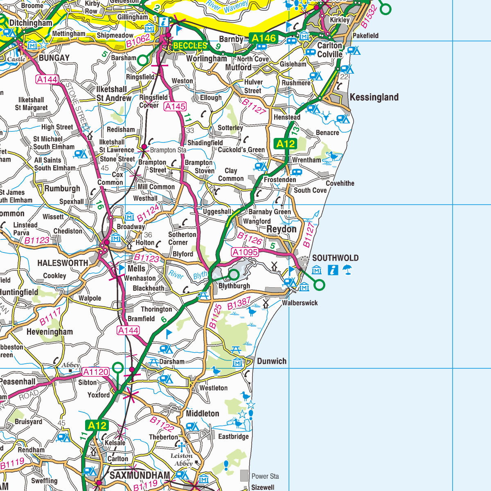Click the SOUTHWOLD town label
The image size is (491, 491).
tap(335, 258)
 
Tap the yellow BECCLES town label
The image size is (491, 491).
tap(190, 45)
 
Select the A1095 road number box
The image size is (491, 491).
tap(245, 252)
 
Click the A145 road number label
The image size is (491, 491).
tap(175, 107)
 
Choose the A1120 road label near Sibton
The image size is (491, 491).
tap(96, 372)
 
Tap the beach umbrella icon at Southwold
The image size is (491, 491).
tap(347, 270)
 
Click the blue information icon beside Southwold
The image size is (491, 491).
tap(333, 270)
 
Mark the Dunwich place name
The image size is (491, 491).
tap(272, 361)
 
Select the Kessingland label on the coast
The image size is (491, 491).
tap(374, 97)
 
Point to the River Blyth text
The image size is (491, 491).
tap(188, 275)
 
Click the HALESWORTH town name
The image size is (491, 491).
tap(63, 263)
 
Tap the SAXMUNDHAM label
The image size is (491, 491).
tap(140, 475)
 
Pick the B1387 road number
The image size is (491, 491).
tap(239, 304)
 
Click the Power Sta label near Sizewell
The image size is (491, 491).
tap(265, 476)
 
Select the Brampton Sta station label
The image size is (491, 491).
tap(168, 150)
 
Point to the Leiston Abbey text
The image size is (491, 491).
tap(182, 459)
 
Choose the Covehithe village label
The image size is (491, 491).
tap(340, 183)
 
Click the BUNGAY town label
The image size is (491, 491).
tap(54, 58)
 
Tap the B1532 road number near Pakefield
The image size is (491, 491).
tap(369, 18)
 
